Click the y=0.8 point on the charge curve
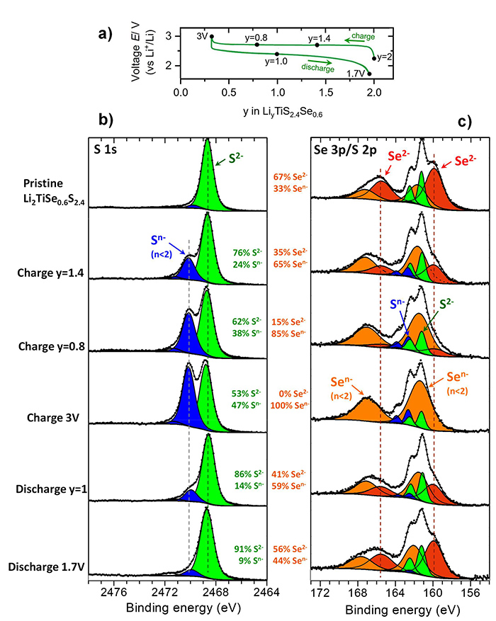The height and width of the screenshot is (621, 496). (x=257, y=45)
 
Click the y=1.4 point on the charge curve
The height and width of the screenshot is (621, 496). (x=317, y=45)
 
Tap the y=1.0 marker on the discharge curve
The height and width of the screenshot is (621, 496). (x=277, y=54)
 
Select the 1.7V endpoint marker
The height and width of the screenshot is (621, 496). (x=369, y=74)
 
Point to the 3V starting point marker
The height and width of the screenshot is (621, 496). (x=212, y=36)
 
